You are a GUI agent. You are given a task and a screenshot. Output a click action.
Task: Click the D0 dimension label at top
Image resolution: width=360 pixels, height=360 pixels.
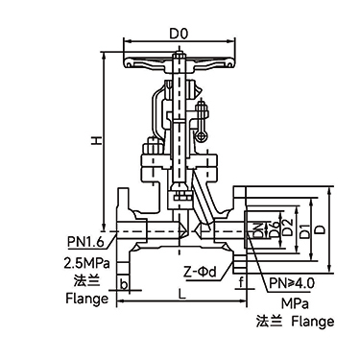click(179, 34)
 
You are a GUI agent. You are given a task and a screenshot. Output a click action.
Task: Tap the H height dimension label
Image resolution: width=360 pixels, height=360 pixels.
click(96, 140)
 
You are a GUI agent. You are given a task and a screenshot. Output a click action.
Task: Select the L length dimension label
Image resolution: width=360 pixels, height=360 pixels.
click(181, 295)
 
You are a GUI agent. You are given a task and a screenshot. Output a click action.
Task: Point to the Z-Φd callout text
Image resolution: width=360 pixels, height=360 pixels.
click(200, 272)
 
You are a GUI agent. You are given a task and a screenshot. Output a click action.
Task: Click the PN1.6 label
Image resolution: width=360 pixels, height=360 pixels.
click(85, 242)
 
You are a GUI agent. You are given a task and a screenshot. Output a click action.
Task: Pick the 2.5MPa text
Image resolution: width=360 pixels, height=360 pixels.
click(87, 263)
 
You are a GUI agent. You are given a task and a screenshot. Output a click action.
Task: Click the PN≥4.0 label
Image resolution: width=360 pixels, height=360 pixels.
click(292, 283)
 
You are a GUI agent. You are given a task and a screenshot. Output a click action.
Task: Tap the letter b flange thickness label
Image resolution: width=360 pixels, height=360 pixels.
click(124, 284)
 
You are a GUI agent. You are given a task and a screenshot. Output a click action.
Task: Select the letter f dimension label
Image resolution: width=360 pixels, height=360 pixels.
click(241, 282)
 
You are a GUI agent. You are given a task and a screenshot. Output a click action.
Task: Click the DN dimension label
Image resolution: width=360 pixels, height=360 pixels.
click(258, 230)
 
